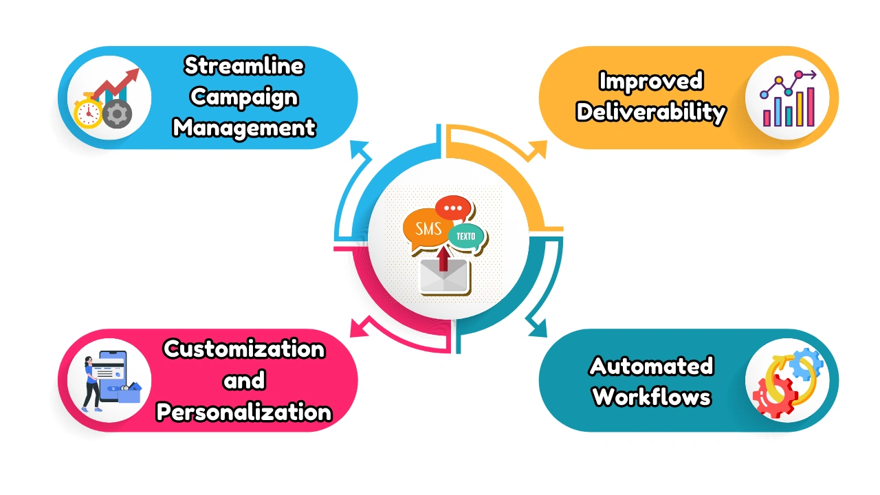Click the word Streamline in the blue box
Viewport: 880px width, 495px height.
(244, 67)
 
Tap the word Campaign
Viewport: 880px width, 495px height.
(244, 97)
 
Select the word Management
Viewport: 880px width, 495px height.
(244, 127)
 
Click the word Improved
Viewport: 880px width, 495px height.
(650, 81)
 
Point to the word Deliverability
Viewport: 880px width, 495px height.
(650, 111)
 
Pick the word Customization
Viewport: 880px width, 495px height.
(244, 349)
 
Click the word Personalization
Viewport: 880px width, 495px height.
(244, 412)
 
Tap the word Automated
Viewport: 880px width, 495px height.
(650, 366)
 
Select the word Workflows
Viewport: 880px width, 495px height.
(650, 397)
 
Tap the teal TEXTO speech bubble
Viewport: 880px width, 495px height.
(465, 236)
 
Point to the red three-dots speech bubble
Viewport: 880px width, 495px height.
(453, 208)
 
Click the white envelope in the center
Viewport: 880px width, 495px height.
(443, 278)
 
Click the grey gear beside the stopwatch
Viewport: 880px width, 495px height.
(118, 112)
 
